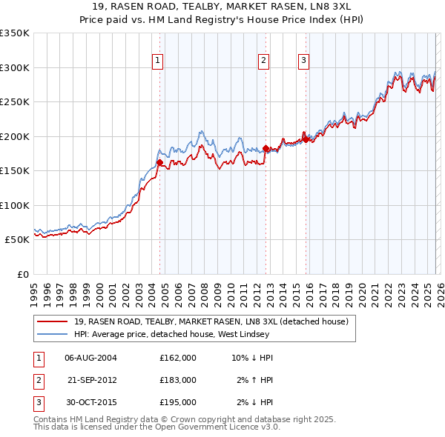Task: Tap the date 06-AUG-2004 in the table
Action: [90, 358]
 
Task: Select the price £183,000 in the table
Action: [178, 380]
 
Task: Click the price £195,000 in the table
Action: [178, 402]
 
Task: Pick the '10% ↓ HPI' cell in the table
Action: [252, 358]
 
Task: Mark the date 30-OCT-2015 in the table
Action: [90, 402]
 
